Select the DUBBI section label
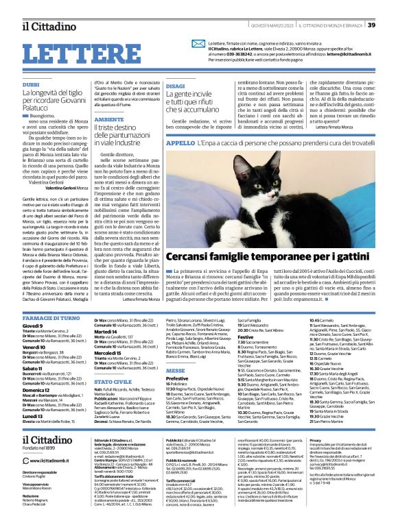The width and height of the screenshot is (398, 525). coord(31,84)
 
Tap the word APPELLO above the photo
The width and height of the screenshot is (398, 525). coord(180,143)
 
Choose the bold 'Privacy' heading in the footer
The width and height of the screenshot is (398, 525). coord(317,440)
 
